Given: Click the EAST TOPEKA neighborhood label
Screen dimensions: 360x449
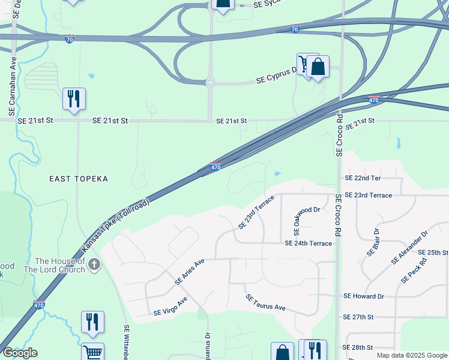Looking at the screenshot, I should point(79,179).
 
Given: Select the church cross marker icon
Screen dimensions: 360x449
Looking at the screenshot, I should point(94,265).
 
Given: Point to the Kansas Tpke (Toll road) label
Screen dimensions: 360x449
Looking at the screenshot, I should point(115,225).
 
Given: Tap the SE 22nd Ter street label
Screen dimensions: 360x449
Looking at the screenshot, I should point(363,178).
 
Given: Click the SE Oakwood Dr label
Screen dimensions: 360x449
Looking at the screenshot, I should point(297,219).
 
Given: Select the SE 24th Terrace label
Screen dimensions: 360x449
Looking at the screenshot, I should point(308,243).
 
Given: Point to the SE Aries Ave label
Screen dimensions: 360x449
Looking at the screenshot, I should point(190,271).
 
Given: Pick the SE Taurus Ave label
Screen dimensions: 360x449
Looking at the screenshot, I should point(265,302).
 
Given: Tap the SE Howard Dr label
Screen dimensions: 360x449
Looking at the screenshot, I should point(363,296).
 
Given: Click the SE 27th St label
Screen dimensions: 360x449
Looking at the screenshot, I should point(358,316).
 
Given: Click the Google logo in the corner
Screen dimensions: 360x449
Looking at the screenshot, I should point(20,353).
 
